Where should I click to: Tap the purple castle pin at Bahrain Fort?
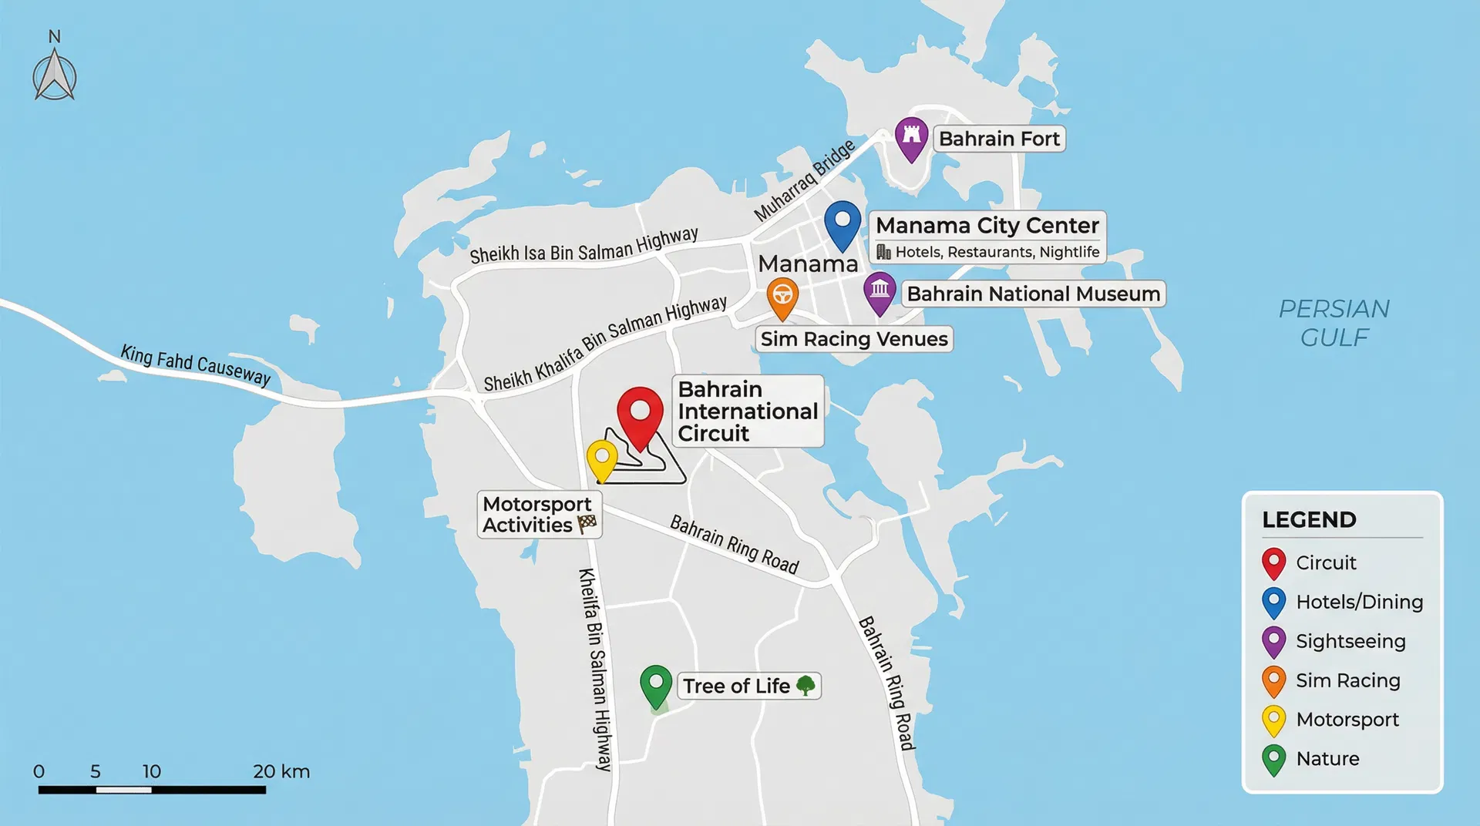911,136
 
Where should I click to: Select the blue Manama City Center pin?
843,222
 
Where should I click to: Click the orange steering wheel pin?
782,297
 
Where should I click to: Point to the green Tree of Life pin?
656,684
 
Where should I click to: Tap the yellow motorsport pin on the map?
601,458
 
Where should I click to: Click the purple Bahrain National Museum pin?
880,291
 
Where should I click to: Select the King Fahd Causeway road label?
196,365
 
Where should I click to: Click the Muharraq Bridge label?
804,180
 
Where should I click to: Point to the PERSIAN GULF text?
1334,323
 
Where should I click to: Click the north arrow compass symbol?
55,76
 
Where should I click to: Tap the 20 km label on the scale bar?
281,771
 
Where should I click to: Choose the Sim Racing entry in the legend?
1347,680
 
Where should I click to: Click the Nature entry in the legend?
1327,758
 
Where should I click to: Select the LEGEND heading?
1309,519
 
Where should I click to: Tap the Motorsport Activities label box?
539,515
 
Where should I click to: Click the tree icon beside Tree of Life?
806,685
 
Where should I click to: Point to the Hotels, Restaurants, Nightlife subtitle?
996,252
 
